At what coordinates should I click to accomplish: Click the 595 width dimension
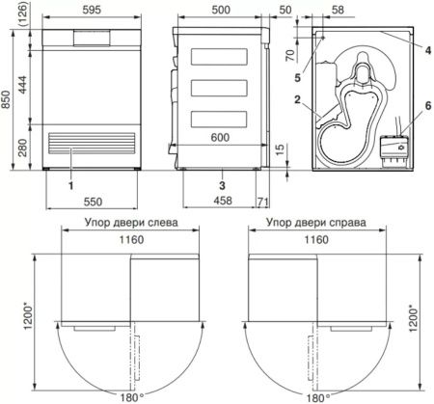click(x=92, y=10)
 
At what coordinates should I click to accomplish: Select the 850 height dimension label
click(x=6, y=99)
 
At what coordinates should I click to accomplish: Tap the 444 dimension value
click(x=22, y=85)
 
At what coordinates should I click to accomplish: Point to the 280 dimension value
click(x=22, y=148)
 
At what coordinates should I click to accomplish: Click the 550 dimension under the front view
click(x=94, y=202)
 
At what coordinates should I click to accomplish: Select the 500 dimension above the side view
click(x=221, y=10)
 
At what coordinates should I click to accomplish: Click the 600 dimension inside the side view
click(x=220, y=138)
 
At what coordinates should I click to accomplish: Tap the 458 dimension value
click(x=223, y=201)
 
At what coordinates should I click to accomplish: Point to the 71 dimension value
click(x=263, y=202)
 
